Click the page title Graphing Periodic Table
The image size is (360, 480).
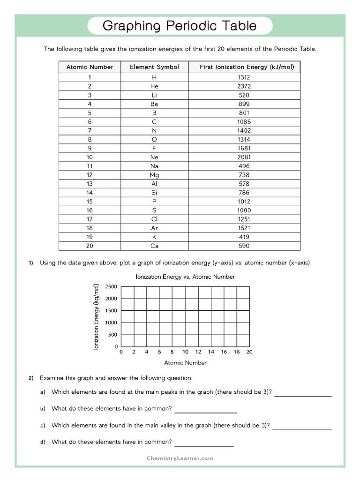click(180, 25)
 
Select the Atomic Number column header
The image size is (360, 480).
click(90, 67)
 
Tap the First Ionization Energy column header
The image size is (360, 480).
click(244, 67)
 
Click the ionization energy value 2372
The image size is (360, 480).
click(244, 86)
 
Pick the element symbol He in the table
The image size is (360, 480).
click(154, 86)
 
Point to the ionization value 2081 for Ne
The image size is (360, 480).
click(244, 157)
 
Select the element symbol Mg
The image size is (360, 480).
click(154, 175)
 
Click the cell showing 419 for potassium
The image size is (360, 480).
click(244, 237)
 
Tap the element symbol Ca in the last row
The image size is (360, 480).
click(154, 246)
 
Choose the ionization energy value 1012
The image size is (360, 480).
click(244, 202)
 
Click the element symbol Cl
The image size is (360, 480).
click(154, 219)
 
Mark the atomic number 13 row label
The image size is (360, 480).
click(90, 184)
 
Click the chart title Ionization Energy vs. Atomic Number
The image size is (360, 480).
click(185, 277)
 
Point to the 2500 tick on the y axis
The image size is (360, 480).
click(112, 287)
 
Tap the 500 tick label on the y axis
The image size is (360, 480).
click(113, 335)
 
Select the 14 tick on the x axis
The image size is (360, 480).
click(211, 352)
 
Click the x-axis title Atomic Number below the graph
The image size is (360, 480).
click(185, 363)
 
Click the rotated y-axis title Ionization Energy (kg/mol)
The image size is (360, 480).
click(97, 317)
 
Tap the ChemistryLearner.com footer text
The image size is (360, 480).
click(180, 458)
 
